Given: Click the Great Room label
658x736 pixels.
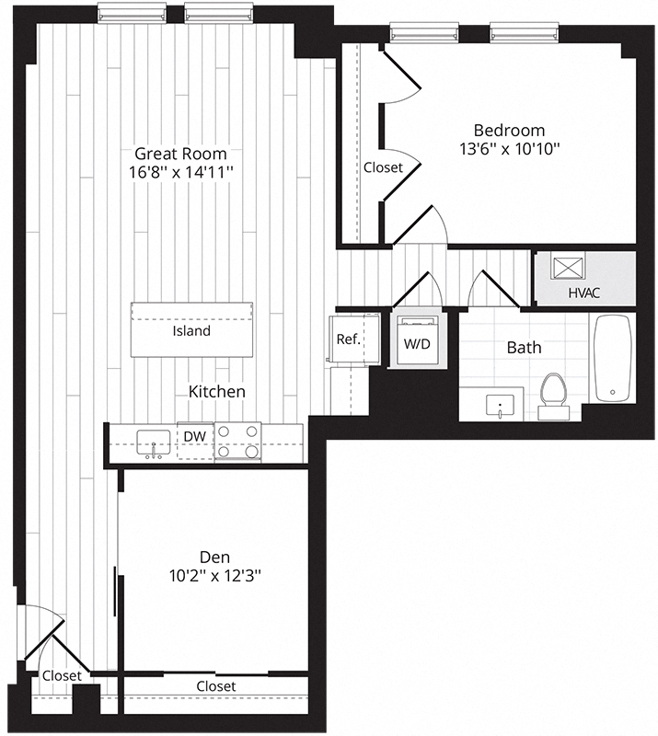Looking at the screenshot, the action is tap(180, 154).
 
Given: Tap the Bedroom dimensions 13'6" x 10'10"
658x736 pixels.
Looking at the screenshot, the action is tap(510, 149).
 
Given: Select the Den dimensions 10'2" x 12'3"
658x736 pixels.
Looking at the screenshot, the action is tap(215, 575).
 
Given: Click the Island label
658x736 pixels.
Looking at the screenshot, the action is tap(191, 331).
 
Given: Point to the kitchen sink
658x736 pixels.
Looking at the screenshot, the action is tap(154, 443).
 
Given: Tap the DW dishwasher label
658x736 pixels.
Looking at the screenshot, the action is tap(195, 436).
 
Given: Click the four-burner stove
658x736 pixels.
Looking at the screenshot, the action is tap(237, 442).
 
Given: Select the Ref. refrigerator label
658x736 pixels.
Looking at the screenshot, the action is tap(349, 339).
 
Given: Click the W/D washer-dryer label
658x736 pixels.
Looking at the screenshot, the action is tap(417, 344).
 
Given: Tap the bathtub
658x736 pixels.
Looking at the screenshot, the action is tap(612, 358).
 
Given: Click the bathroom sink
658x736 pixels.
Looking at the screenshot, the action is tap(500, 406).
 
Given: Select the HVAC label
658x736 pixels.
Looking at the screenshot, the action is tap(584, 293).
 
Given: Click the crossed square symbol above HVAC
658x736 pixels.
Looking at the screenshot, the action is tap(568, 269).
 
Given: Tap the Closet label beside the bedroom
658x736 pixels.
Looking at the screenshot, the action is tap(383, 167).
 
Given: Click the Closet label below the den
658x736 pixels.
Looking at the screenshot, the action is tap(216, 686).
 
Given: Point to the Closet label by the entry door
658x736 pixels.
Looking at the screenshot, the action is tap(62, 676).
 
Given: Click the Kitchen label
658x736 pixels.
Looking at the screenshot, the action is tap(217, 392).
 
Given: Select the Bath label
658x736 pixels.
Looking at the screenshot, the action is tap(525, 348).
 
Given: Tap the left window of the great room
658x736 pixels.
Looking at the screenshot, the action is tap(132, 13).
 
